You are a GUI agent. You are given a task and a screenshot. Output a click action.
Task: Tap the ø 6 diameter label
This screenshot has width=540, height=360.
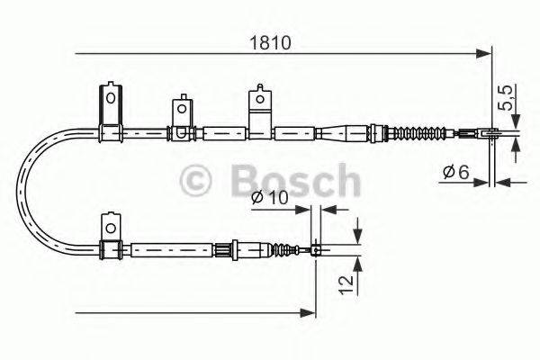tap(457, 171)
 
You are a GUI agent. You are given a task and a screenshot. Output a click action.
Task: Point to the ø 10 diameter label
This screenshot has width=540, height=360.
tap(270, 198)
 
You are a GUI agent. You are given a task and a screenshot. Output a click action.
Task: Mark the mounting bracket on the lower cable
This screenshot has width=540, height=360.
tap(111, 236)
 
